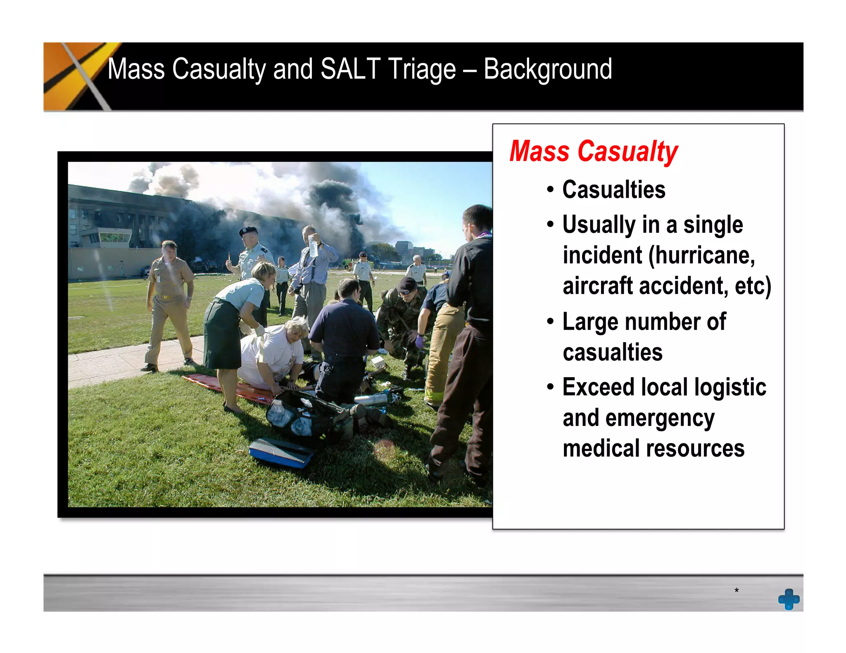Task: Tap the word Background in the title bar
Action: coord(547,70)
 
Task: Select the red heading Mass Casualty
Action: coord(593,151)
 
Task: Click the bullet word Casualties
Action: coord(613,190)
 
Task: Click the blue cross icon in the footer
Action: coord(789,599)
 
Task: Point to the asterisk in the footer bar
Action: coord(736,591)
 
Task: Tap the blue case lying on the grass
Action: coord(281,452)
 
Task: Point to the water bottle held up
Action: coord(314,246)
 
